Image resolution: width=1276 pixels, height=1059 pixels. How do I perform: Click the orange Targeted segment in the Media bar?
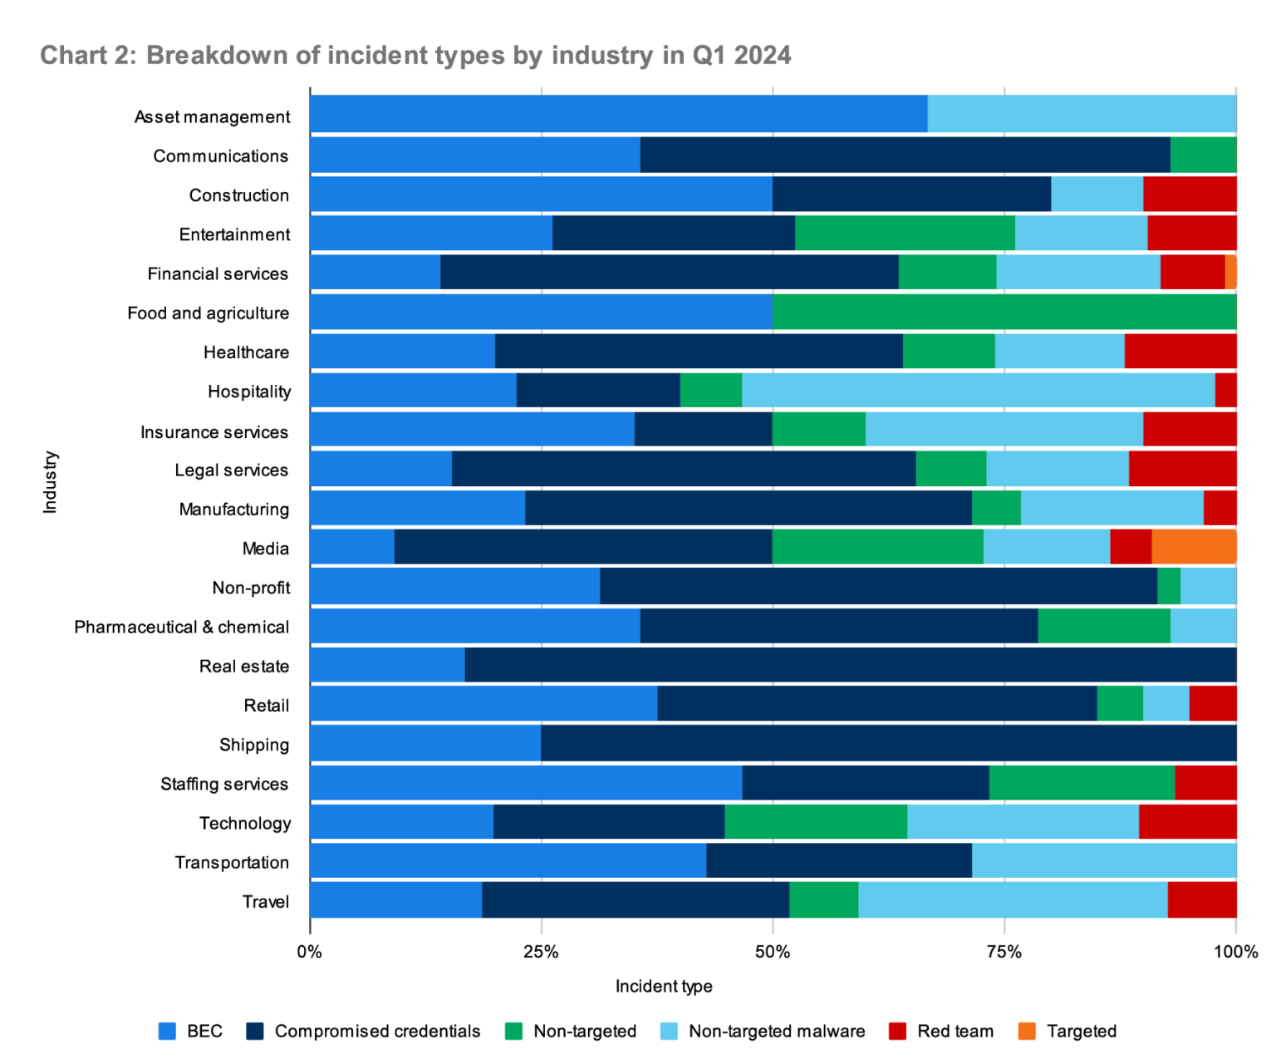click(x=1194, y=547)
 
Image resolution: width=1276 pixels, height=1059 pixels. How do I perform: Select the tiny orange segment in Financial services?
click(x=1230, y=273)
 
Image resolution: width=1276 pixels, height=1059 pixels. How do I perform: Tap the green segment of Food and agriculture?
click(x=1004, y=313)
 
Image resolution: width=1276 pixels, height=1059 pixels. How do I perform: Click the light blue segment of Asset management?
click(x=1081, y=114)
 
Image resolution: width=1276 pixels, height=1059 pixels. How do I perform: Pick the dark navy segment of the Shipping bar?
click(x=888, y=743)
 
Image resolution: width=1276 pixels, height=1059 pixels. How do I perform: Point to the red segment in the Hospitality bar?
click(x=1225, y=391)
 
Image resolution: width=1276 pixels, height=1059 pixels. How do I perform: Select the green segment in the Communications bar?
click(x=1203, y=155)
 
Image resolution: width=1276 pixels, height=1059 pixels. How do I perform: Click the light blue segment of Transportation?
click(x=1103, y=861)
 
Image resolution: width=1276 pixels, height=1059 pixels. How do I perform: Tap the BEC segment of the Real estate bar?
click(x=387, y=665)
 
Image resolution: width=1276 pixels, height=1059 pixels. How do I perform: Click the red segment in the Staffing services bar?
click(x=1205, y=783)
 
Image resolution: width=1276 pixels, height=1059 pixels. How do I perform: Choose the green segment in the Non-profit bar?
click(x=1168, y=587)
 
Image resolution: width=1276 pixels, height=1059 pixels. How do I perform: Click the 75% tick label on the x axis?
click(x=1004, y=953)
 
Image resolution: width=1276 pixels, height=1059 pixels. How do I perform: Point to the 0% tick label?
click(x=309, y=953)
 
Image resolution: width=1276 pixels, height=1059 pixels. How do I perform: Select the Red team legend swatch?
click(x=897, y=1032)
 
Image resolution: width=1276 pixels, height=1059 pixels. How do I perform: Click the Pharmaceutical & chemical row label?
click(x=182, y=627)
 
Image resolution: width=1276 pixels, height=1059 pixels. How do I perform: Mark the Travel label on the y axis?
click(x=266, y=902)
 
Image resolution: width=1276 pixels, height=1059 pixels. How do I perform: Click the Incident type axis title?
click(x=663, y=987)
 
